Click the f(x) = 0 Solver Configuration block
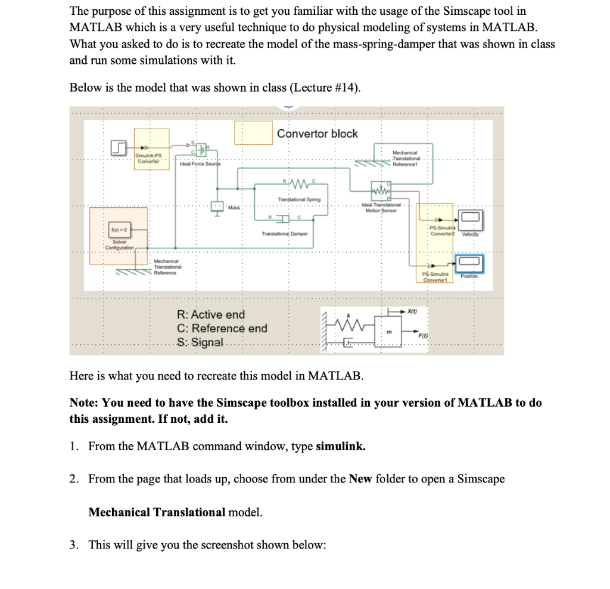coord(119,230)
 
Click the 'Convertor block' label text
coord(318,134)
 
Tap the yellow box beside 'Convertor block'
coord(253,133)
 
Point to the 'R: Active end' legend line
coord(211,314)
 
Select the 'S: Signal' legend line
coord(200,342)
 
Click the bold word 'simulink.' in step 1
coord(341,446)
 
